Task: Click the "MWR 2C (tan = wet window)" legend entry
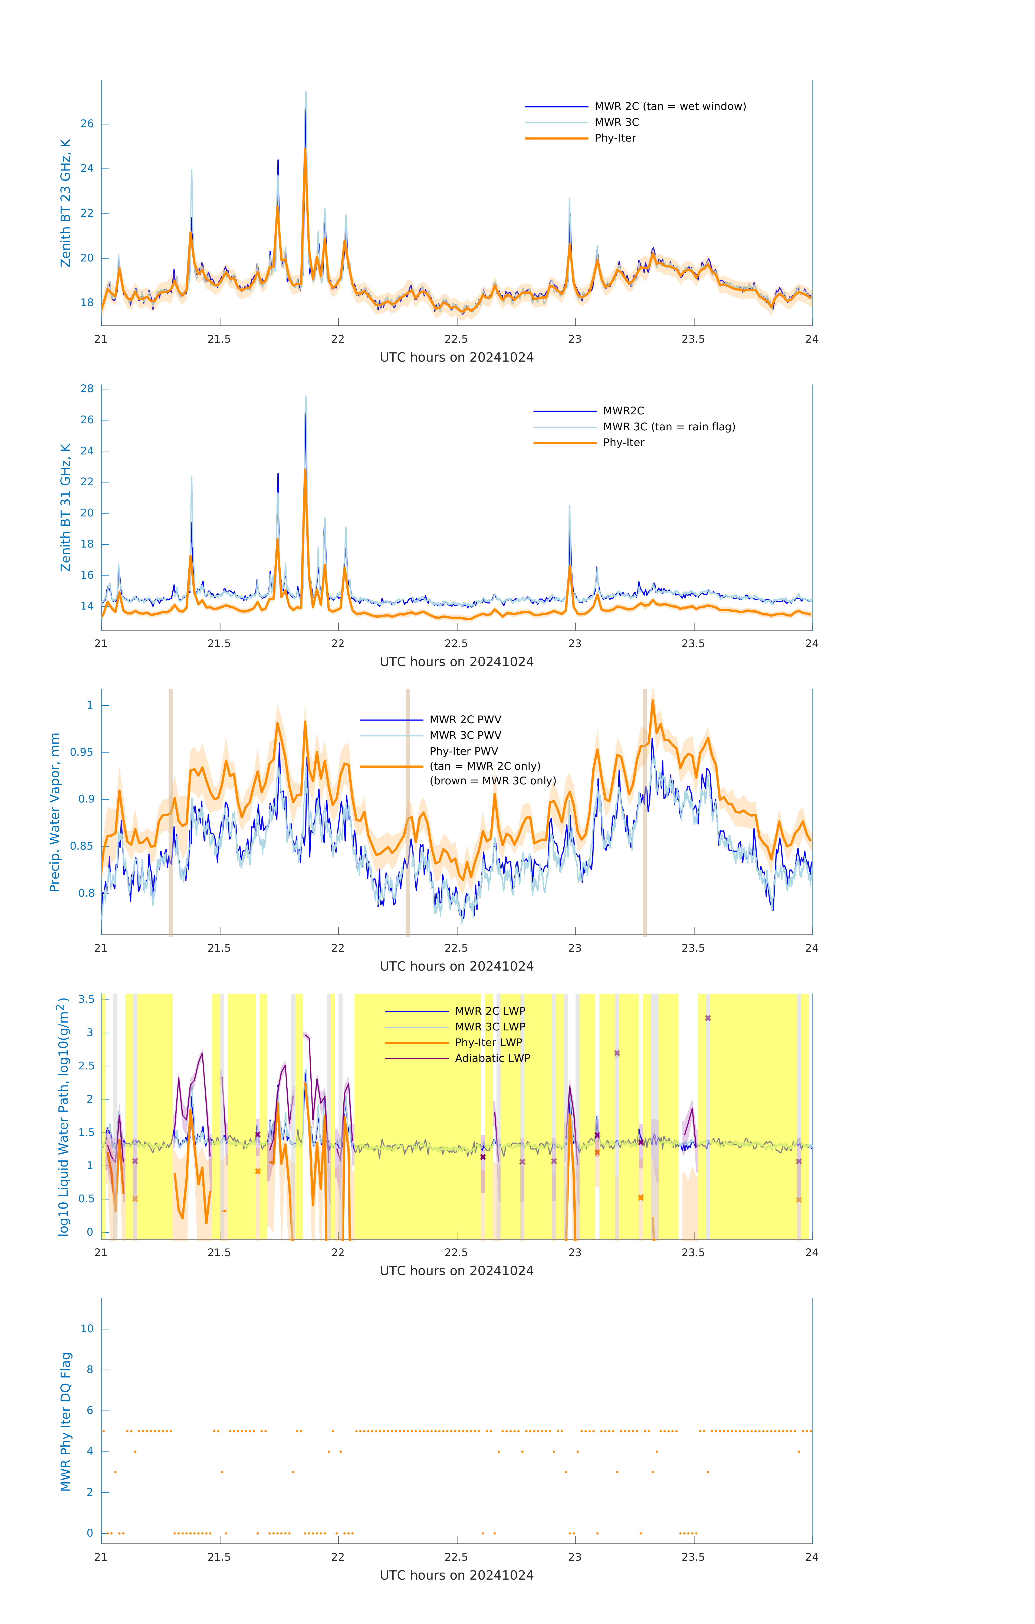coord(669,107)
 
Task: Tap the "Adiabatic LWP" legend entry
coord(492,1058)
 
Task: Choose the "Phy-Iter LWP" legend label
coord(488,1043)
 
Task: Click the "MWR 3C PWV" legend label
coord(465,735)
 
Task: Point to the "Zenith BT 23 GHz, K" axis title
coord(65,203)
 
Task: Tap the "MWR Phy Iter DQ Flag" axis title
coord(65,1422)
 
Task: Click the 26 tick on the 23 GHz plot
coord(87,124)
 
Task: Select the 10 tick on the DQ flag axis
coord(87,1329)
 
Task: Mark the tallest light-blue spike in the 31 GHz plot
coord(305,397)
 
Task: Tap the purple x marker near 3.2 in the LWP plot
coord(707,1018)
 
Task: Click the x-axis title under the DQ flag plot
coord(456,1576)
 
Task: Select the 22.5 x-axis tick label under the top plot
coord(456,339)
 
